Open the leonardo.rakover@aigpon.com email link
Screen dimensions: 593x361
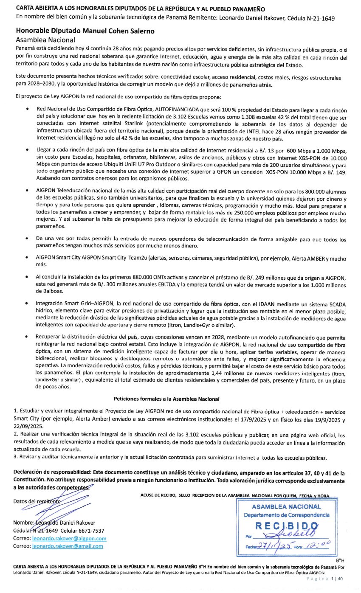pyautogui.click(x=69, y=539)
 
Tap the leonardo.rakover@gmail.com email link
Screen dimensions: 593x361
pyautogui.click(x=68, y=546)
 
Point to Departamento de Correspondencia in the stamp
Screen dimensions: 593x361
pyautogui.click(x=287, y=515)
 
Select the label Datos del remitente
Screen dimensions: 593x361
pyautogui.click(x=37, y=501)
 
